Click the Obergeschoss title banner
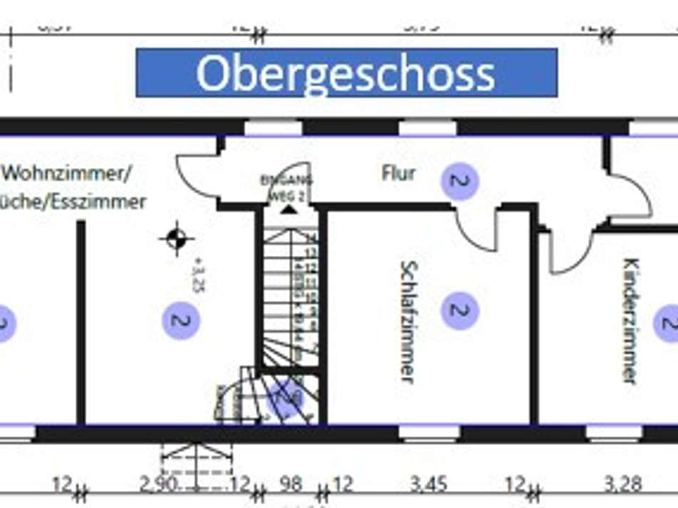click(x=346, y=73)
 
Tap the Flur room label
click(x=398, y=173)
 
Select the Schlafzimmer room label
click(x=408, y=321)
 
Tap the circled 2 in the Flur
click(x=460, y=181)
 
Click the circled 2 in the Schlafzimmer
click(x=460, y=310)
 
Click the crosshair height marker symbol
click(x=176, y=238)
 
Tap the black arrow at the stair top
click(x=288, y=208)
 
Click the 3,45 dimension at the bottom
click(x=429, y=486)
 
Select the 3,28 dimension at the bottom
click(x=622, y=486)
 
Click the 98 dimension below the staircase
click(x=290, y=486)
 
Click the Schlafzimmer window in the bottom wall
click(x=428, y=432)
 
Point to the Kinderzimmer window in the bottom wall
click(x=613, y=432)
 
